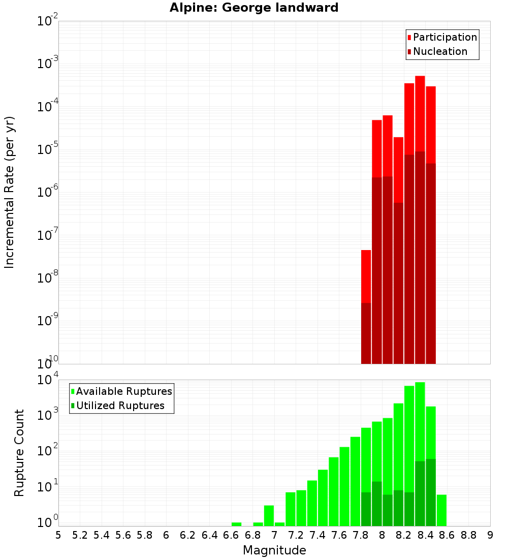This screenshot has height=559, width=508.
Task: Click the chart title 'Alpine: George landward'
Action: (253, 8)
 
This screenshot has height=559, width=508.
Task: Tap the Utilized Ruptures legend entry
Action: (120, 406)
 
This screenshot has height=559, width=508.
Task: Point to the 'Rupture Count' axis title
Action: (19, 452)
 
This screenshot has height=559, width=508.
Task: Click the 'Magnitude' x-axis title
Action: (274, 550)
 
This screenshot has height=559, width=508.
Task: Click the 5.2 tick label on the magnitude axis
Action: (80, 535)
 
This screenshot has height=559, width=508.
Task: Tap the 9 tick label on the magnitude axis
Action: (490, 535)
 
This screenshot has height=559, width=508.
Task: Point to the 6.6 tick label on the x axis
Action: (231, 535)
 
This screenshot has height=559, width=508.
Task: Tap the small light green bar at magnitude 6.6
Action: (236, 524)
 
